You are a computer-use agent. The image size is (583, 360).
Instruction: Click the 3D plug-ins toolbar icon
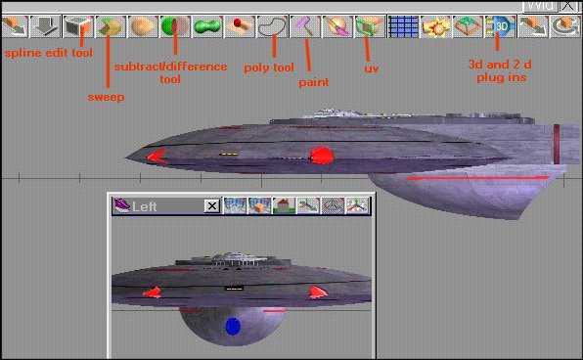501,26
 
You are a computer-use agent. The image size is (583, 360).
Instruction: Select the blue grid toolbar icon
403,26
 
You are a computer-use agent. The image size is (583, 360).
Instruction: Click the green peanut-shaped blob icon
207,26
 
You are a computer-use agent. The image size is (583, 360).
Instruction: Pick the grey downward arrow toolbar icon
45,26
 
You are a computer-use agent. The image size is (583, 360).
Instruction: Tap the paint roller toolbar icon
305,26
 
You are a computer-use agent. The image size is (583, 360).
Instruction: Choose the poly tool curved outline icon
273,26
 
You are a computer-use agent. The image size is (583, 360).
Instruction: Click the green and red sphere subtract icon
175,26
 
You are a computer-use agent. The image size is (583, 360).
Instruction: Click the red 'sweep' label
106,97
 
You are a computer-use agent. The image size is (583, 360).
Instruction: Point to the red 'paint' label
314,82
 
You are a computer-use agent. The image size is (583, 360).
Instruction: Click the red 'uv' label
372,68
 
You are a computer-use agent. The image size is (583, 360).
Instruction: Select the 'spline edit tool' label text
48,53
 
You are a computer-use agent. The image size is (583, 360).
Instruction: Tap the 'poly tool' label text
269,67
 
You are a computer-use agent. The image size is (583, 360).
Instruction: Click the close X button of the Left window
212,206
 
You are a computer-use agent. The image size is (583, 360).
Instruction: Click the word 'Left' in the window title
144,206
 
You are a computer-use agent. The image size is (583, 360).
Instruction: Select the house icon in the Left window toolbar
284,205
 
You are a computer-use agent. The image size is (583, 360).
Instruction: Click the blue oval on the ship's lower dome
233,326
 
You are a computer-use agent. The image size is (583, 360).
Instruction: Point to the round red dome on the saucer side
321,156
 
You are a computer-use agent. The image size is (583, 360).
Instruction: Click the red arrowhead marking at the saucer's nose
157,157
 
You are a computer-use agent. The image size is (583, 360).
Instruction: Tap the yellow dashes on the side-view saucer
229,154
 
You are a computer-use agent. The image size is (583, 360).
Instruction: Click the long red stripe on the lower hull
477,178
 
